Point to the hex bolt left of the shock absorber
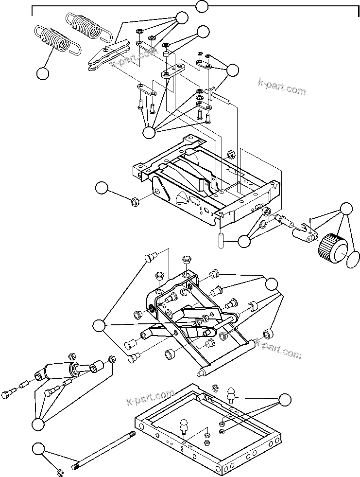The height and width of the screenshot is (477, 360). pos(9,394)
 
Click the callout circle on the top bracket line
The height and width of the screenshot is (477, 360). pos(202,6)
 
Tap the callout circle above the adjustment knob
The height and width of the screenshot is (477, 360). pos(346,209)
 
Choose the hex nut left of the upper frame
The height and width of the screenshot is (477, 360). pos(135,200)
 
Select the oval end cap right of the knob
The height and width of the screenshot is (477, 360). pos(353,260)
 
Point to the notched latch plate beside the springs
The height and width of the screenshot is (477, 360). pos(108,55)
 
